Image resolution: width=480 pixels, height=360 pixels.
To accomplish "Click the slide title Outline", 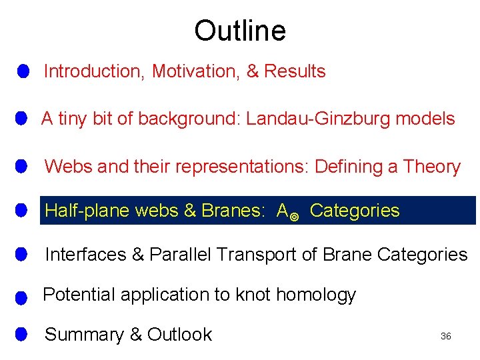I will [x=240, y=31].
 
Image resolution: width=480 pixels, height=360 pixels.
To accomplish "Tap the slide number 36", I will [x=446, y=337].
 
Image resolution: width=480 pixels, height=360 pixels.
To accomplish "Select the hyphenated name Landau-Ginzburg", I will [x=319, y=119].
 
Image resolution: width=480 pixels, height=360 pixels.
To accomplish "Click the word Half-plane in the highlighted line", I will [x=87, y=211].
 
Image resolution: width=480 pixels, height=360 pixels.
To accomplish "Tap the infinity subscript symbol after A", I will [x=295, y=215].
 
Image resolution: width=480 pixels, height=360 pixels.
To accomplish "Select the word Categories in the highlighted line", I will [x=355, y=211].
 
